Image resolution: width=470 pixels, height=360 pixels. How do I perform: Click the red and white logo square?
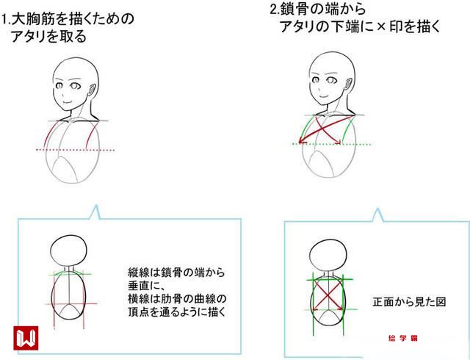click(x=26, y=338)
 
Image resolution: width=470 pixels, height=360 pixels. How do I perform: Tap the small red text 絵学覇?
click(x=402, y=339)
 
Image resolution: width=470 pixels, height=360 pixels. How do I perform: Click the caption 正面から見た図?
click(x=409, y=302)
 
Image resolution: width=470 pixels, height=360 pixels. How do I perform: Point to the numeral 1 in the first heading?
click(x=4, y=20)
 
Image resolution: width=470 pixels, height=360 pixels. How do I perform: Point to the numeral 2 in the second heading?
click(x=274, y=9)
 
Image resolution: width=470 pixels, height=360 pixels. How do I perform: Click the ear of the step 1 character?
click(x=92, y=89)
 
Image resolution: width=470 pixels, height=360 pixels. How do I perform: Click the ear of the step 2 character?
click(x=349, y=83)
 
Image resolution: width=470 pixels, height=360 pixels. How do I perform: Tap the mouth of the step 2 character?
click(x=323, y=96)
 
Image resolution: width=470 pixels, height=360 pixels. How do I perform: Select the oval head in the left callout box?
click(x=68, y=235)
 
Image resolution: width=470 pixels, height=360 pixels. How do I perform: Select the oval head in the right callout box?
click(x=328, y=240)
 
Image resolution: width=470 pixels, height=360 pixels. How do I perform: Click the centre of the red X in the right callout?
click(x=328, y=295)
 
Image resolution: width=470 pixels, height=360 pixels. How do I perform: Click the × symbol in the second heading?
click(x=380, y=26)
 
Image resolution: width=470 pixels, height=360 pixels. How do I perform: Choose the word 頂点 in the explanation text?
click(x=139, y=312)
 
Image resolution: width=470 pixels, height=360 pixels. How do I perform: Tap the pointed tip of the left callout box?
click(x=96, y=206)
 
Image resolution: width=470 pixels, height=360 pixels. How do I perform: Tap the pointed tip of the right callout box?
click(x=377, y=209)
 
